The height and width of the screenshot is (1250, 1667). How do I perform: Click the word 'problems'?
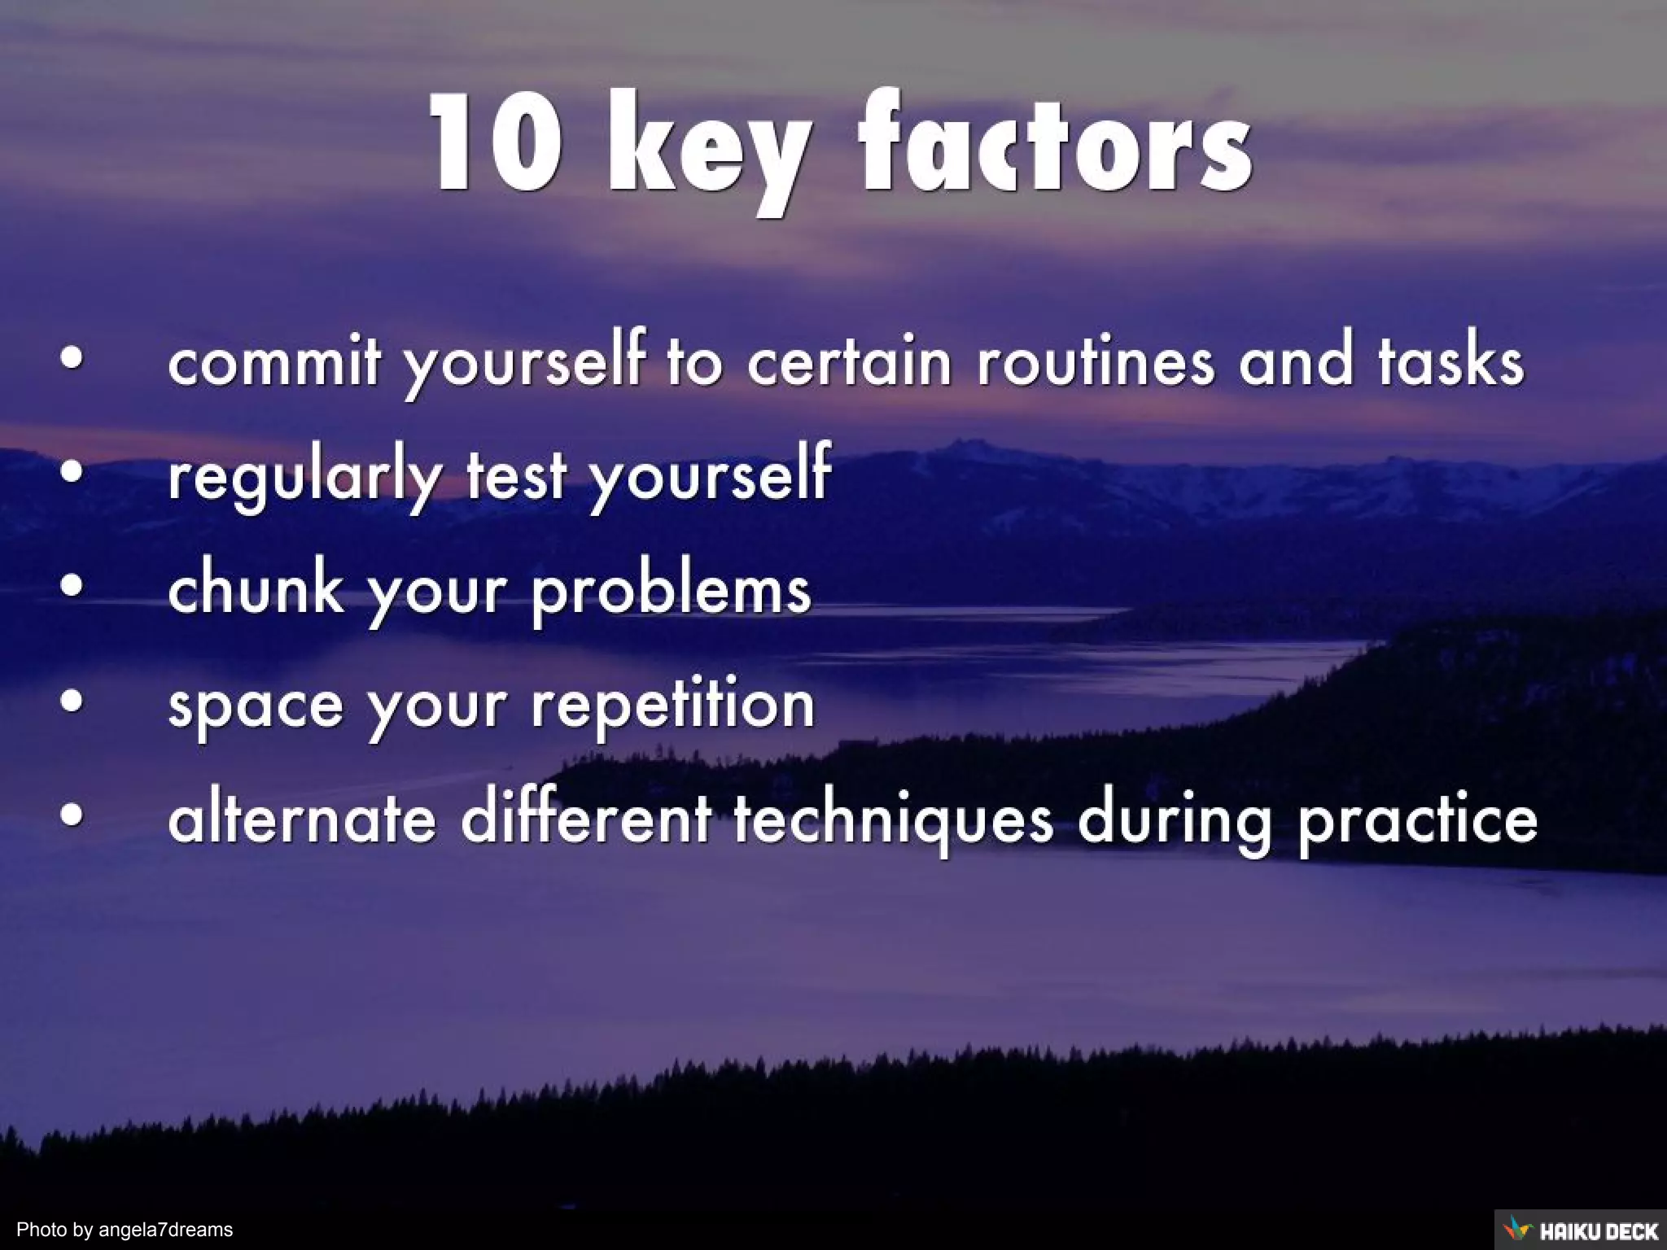(672, 592)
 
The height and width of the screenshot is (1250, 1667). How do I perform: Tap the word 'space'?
(256, 706)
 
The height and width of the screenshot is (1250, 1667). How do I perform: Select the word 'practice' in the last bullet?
(1417, 820)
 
